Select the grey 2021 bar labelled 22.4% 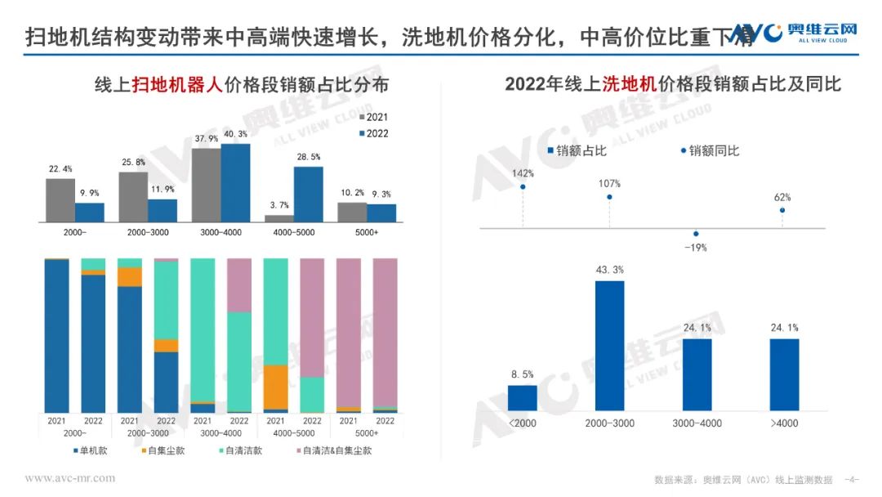coord(60,200)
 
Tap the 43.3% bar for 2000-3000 coord(609,345)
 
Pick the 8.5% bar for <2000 coord(523,397)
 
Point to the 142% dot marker coord(523,187)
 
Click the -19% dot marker coord(696,233)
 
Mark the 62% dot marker coord(782,210)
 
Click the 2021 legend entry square coord(362,118)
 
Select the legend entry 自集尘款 coord(166,450)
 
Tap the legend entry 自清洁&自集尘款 coord(332,450)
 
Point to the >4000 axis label coord(783,423)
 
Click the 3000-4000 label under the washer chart coord(697,423)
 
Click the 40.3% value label coord(235,134)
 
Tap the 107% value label coord(609,183)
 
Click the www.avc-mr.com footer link coord(70,477)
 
